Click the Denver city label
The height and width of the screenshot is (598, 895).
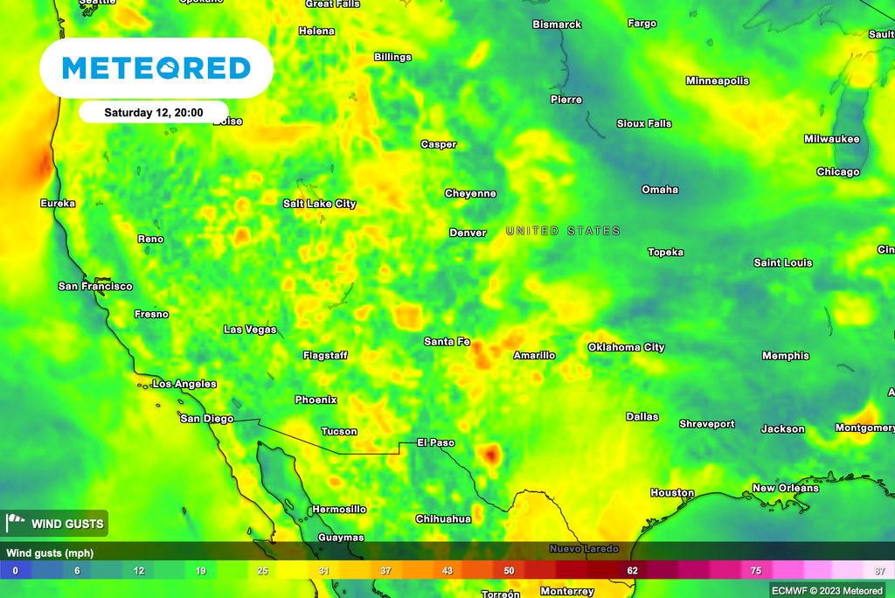[468, 233]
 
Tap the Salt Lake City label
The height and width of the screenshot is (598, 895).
[319, 204]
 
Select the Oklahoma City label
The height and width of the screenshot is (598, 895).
[626, 347]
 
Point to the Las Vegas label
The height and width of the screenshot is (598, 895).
[250, 330]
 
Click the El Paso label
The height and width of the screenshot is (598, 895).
[435, 442]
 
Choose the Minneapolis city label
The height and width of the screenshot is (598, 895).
[718, 81]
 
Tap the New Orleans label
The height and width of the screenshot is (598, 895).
[786, 488]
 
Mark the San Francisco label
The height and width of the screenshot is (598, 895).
[95, 286]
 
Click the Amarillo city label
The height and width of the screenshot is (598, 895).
[533, 355]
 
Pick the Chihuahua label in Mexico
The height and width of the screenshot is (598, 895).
[443, 518]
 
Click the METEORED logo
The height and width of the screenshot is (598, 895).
[156, 68]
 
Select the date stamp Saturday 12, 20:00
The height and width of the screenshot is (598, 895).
[153, 113]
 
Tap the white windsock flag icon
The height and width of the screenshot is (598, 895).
[17, 524]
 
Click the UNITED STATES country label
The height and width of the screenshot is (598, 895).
[563, 231]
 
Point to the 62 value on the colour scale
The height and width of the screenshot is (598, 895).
[632, 571]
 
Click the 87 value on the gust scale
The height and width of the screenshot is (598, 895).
[880, 571]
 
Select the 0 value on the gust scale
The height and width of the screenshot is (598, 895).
[15, 571]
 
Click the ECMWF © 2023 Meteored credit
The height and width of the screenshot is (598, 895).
[829, 590]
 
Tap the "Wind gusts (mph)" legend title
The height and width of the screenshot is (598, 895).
[50, 553]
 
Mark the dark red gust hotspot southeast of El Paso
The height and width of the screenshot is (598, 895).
[491, 454]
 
